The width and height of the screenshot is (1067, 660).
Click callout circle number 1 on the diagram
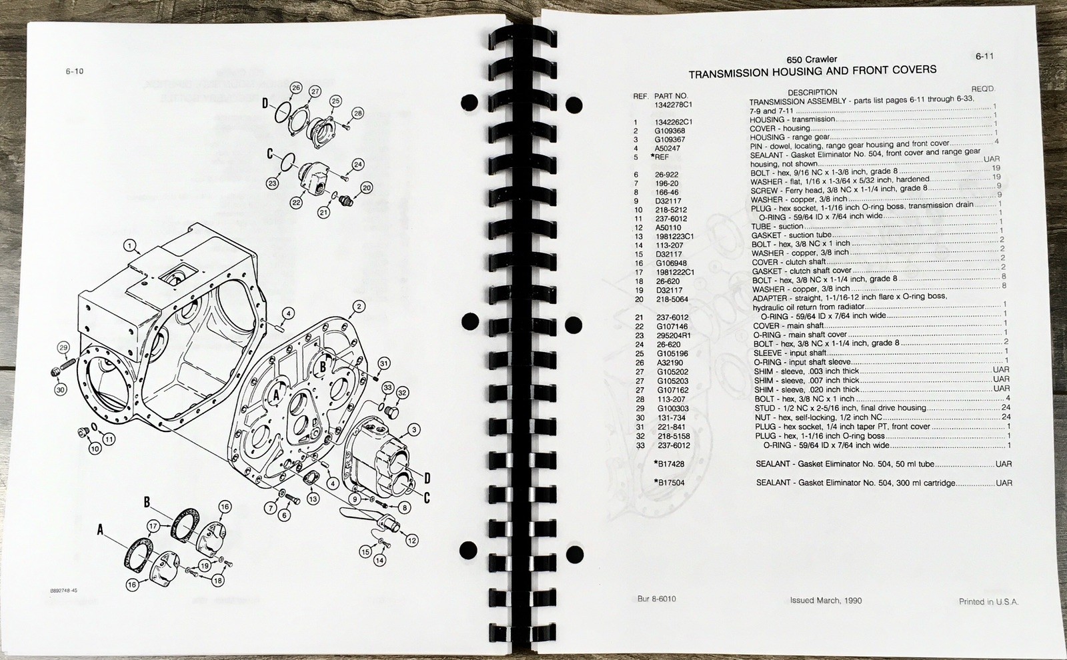129,246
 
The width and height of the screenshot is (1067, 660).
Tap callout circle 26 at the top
296,87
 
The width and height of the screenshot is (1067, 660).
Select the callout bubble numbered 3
414,430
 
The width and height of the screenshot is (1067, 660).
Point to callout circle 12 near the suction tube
411,541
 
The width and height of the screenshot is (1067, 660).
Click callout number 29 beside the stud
63,347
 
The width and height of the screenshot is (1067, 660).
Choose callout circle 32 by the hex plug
403,393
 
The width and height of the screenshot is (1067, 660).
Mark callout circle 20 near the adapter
366,188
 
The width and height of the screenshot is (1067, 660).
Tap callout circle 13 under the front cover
313,499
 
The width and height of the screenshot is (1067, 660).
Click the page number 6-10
74,71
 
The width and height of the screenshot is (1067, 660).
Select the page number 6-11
984,56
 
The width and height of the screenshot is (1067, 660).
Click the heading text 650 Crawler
812,59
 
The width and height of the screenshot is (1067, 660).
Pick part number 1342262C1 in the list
674,123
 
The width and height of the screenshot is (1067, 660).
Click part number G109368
670,131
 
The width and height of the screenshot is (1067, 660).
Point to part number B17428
672,464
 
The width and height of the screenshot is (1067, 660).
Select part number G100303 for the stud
673,409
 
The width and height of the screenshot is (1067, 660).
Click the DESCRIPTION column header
812,93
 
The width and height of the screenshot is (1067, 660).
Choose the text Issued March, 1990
826,601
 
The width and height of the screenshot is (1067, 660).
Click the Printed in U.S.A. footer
988,602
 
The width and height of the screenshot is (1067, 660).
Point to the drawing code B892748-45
63,591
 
